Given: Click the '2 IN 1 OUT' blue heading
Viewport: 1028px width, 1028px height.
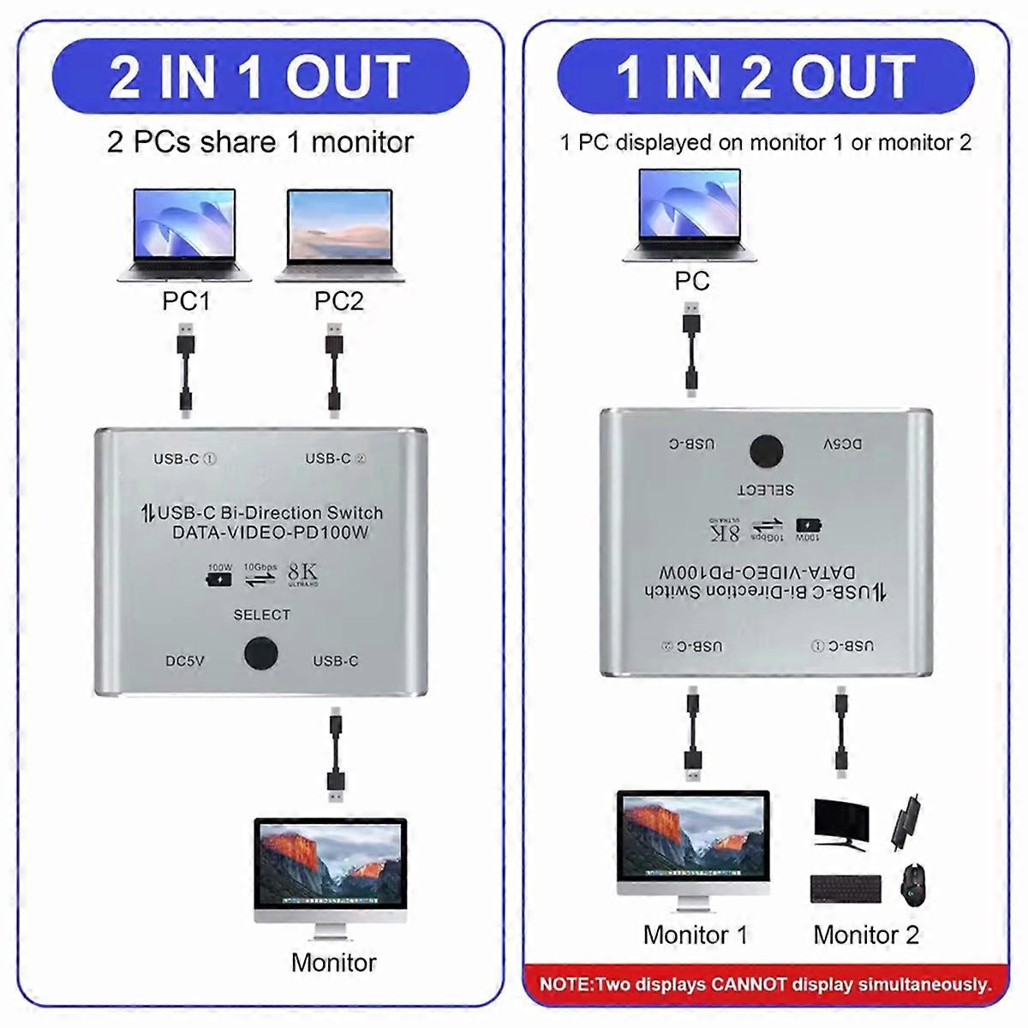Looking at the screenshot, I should (260, 77).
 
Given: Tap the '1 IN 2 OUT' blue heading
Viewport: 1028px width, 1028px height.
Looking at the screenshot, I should (765, 77).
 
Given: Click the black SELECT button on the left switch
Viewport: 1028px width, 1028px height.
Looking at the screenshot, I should (260, 653).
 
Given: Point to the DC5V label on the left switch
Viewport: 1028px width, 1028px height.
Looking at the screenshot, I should (185, 661).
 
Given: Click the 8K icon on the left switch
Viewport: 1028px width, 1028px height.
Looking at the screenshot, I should (303, 574).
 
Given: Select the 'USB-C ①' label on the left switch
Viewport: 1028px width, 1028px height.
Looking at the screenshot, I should (184, 459).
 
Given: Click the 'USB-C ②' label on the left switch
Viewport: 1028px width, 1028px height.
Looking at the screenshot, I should (335, 459).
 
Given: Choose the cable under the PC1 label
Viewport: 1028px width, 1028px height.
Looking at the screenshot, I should (185, 369).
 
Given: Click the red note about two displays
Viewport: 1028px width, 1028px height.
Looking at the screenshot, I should (765, 984).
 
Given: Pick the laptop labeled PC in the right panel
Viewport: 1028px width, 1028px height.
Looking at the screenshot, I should (691, 215).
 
